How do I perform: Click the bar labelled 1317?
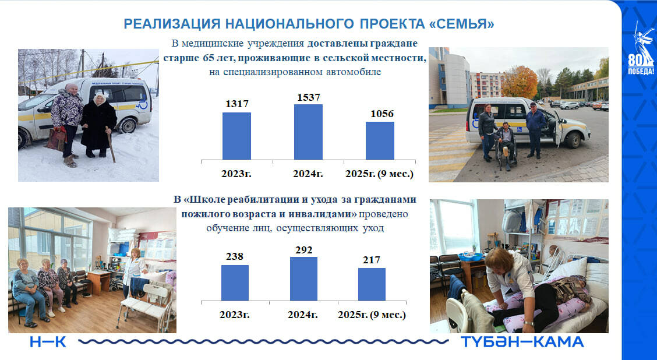tap(236, 136)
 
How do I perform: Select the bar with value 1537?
tap(308, 132)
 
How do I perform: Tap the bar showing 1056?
tap(380, 141)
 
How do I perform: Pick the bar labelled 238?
tap(235, 283)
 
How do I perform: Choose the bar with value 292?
tap(304, 279)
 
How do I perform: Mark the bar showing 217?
tap(372, 285)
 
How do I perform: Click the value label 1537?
tap(309, 98)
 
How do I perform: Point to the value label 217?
tap(372, 260)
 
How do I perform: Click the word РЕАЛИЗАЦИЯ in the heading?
tap(172, 24)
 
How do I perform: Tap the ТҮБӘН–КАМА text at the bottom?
tap(522, 342)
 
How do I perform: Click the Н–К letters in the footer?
tap(48, 342)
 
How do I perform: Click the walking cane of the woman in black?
tap(111, 144)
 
